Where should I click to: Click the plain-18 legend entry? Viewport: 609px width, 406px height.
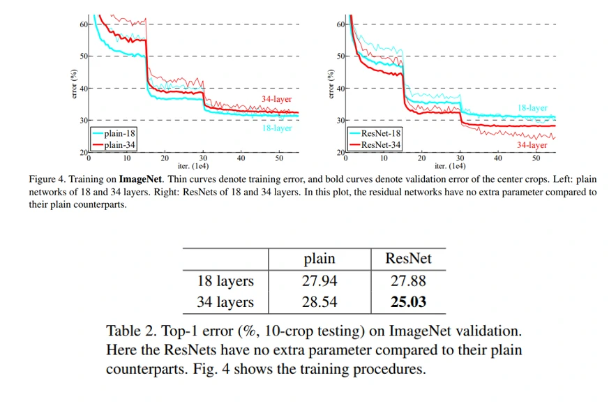point(119,134)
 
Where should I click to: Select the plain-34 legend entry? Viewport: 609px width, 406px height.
point(119,144)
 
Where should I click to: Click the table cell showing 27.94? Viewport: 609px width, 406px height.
point(319,281)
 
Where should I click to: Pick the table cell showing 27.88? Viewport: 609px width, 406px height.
point(408,281)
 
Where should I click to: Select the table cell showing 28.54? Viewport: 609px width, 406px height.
point(319,302)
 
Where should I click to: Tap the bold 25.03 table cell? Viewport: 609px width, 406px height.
point(408,302)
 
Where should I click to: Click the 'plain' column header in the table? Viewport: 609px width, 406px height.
point(319,259)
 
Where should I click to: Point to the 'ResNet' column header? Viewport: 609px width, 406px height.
point(408,259)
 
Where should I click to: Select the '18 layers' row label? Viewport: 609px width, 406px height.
point(225,281)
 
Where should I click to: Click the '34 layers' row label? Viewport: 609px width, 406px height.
point(225,302)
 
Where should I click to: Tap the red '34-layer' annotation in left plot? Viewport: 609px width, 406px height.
point(277,99)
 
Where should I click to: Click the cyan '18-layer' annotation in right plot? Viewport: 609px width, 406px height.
point(532,108)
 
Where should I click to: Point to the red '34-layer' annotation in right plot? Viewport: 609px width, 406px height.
point(532,144)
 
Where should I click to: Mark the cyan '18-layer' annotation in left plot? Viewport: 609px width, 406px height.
point(277,128)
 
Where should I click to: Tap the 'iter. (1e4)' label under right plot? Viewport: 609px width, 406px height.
point(449,166)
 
